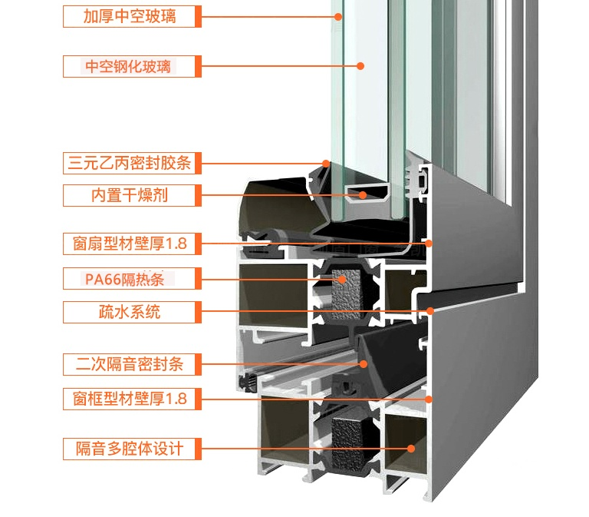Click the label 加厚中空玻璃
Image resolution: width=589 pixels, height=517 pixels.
pyautogui.click(x=130, y=15)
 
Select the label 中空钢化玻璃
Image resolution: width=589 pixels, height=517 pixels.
pyautogui.click(x=130, y=66)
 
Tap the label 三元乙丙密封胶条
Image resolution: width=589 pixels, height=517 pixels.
pyautogui.click(x=130, y=163)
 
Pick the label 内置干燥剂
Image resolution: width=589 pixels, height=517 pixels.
pyautogui.click(x=130, y=195)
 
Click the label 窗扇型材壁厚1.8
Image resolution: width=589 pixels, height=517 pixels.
pyautogui.click(x=130, y=244)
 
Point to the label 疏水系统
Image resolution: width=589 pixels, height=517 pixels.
pyautogui.click(x=130, y=312)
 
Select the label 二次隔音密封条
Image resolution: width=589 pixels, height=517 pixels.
pyautogui.click(x=130, y=364)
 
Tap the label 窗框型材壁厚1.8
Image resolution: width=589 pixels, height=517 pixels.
pyautogui.click(x=130, y=399)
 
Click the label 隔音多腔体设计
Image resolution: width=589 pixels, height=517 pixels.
pyautogui.click(x=130, y=449)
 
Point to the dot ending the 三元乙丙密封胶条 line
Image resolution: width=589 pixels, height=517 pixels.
pyautogui.click(x=326, y=163)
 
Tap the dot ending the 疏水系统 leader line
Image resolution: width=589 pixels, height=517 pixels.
pyautogui.click(x=431, y=312)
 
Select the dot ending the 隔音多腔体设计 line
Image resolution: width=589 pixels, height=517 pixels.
pyautogui.click(x=411, y=449)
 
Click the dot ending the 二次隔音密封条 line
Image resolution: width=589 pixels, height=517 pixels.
pyautogui.click(x=363, y=364)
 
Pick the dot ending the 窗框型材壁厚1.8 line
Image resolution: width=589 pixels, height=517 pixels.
pyautogui.click(x=429, y=399)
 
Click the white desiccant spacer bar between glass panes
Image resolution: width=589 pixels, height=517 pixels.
pyautogui.click(x=366, y=192)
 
